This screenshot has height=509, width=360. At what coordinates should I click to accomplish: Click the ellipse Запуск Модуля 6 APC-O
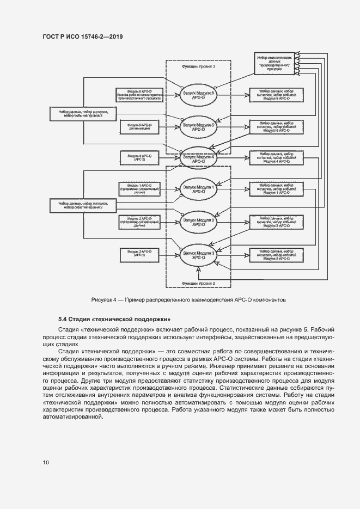click(x=198, y=96)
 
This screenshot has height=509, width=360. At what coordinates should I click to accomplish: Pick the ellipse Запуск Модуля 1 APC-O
click(x=198, y=189)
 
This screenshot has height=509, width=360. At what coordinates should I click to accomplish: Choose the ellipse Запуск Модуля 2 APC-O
click(x=198, y=221)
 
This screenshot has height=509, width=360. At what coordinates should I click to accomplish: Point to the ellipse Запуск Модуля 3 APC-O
click(x=198, y=255)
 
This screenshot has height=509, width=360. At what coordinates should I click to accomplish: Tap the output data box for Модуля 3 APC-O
click(x=276, y=255)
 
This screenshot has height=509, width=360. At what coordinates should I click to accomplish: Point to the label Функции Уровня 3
click(x=198, y=66)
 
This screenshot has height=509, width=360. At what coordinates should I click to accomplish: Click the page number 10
click(x=46, y=463)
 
